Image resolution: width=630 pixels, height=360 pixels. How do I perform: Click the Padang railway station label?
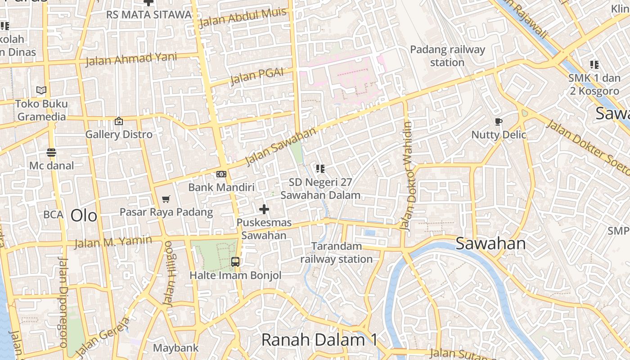pos(447,56)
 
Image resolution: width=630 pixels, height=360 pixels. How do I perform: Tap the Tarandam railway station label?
pos(337,252)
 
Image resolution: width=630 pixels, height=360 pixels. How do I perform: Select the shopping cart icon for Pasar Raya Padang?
pos(166,199)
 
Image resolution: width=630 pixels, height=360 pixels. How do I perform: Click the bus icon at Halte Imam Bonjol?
pos(235,261)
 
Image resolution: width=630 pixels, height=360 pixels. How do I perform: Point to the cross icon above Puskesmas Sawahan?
pos(264,209)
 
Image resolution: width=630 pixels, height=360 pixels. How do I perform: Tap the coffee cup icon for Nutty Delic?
pos(498,121)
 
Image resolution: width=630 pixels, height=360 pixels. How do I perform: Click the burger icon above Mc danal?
pos(51,153)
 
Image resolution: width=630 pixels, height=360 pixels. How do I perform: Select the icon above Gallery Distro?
pos(119,121)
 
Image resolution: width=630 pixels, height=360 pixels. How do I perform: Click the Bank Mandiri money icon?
pos(221,174)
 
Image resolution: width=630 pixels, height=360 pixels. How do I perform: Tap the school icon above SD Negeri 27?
pos(320,169)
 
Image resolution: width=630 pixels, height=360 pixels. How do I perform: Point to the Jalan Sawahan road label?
pos(281,146)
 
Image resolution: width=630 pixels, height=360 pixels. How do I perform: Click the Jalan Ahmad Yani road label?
pos(131,59)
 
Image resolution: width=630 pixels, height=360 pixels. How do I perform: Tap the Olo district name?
pos(84,216)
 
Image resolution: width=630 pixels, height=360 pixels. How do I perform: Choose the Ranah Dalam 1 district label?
pos(319,340)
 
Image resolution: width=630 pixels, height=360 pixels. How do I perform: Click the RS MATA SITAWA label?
pos(149,14)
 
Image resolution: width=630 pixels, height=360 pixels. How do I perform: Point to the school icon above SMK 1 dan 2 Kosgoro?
pos(594,65)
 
